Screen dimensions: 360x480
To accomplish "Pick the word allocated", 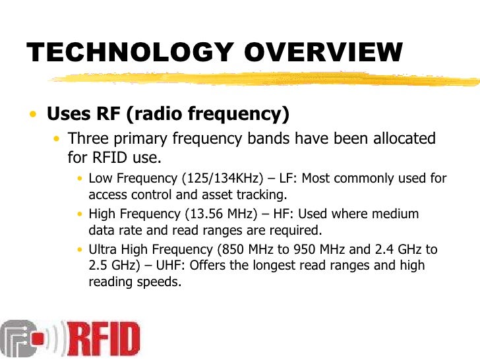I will pos(402,139).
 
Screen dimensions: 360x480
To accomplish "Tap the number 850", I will pos(229,250).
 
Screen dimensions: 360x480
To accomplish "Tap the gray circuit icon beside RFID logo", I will pos(23,339).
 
